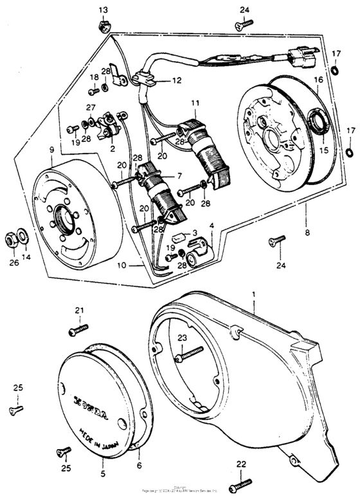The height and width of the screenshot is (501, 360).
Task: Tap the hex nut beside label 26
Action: [x=12, y=238]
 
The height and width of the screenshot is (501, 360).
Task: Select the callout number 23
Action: [x=182, y=337]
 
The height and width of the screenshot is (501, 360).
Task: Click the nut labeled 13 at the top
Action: [x=104, y=26]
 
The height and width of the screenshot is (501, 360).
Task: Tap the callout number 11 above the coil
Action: [x=195, y=103]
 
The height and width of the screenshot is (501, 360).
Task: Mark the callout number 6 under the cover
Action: [x=138, y=467]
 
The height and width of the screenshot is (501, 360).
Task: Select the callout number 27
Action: [x=91, y=107]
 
